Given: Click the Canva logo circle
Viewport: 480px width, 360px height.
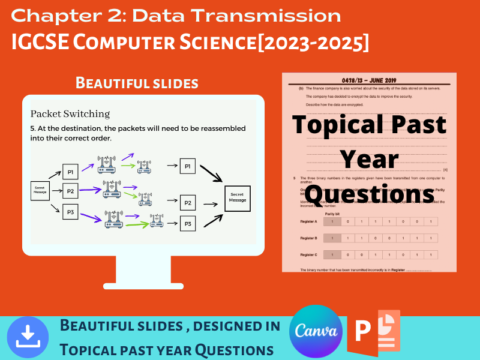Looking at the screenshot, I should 316,332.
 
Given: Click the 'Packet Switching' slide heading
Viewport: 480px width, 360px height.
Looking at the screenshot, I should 70,113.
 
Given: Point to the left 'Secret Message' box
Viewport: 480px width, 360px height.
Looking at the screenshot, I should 40,191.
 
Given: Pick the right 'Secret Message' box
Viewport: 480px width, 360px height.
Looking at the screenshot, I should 237,198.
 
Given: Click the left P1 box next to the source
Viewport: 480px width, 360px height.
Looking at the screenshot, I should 70,172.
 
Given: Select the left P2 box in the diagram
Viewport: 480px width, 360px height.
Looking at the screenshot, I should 70,191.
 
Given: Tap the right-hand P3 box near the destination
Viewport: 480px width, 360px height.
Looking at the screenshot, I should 188,224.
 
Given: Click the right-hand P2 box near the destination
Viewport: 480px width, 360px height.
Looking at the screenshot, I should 188,203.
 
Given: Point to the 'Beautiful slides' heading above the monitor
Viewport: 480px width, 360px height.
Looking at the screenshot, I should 137,83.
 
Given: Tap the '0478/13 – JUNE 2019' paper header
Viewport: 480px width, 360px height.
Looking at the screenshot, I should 369,80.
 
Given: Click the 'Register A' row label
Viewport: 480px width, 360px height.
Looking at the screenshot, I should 308,222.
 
